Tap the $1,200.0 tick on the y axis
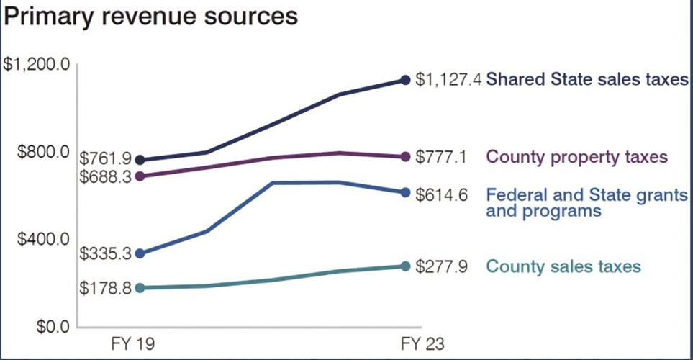(37, 66)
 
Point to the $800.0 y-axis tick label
(37, 152)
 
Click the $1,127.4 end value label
(449, 80)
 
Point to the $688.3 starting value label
(104, 176)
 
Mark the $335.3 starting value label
(104, 253)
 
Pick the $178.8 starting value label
(104, 288)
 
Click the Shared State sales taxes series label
(588, 80)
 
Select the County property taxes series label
(577, 156)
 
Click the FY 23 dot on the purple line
(404, 156)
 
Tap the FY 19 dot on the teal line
(140, 288)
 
